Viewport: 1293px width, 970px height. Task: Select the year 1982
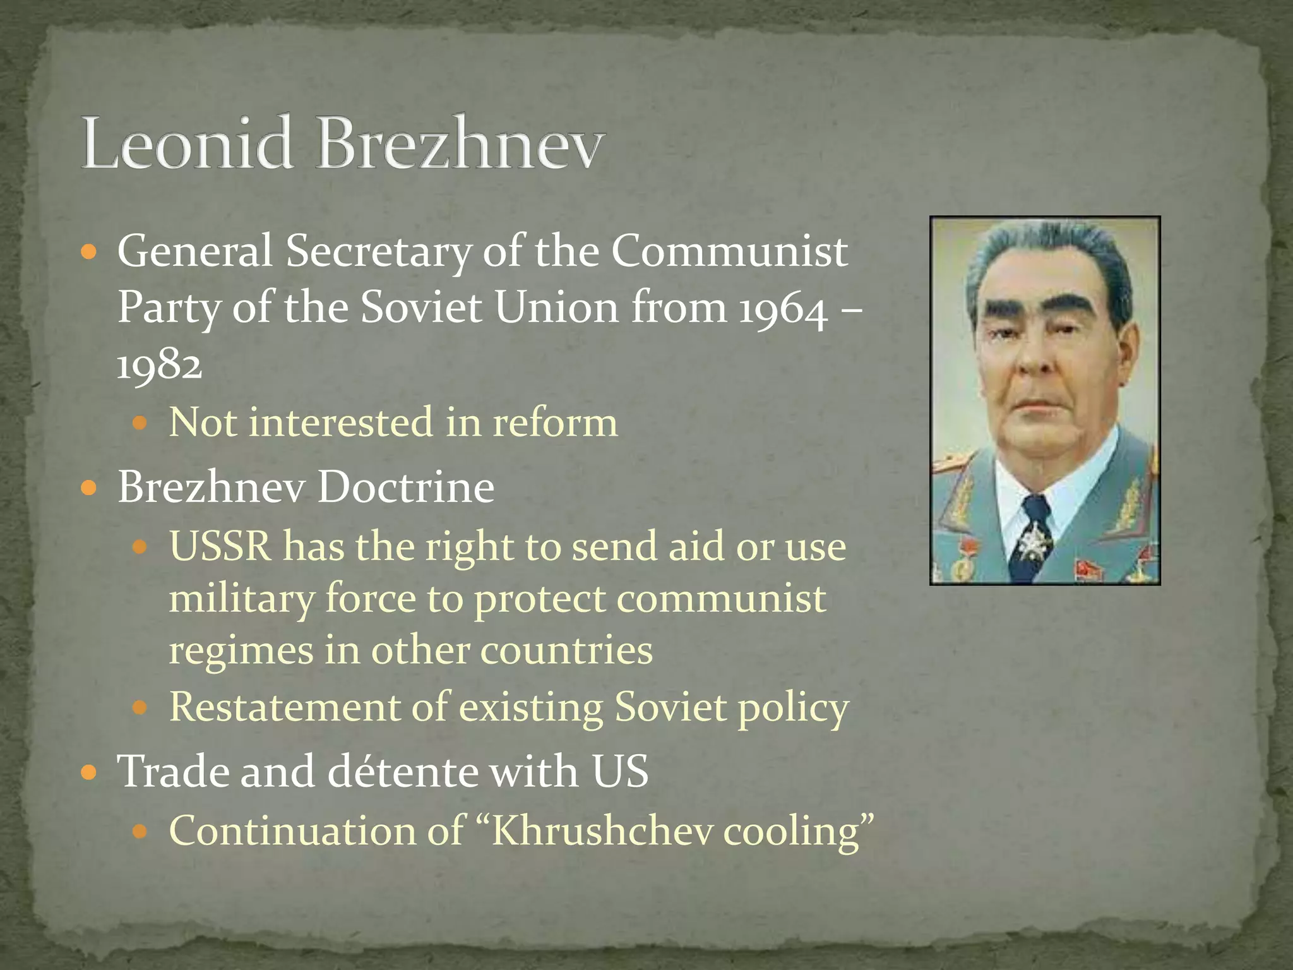point(159,365)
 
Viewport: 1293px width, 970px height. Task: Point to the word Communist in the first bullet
point(729,251)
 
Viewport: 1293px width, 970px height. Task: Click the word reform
point(555,422)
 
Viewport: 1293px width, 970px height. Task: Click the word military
point(241,599)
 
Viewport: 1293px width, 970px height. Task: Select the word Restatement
point(284,707)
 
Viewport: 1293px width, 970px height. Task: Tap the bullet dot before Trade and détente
point(90,772)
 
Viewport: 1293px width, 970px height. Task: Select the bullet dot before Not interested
point(140,423)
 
